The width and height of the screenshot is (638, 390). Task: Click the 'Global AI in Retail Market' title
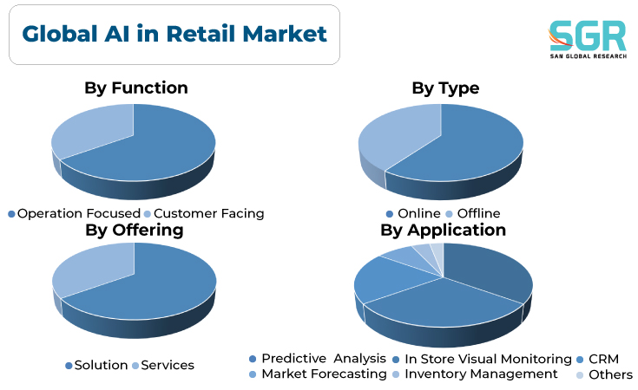(174, 34)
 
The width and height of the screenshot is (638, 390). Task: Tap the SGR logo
(587, 39)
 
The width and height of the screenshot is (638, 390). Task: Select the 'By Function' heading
(136, 88)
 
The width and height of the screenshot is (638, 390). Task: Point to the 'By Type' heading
(445, 88)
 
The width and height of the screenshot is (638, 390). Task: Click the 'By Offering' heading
(135, 231)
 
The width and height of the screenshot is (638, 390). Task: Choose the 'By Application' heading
(443, 231)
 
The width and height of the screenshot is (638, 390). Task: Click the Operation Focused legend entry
(75, 213)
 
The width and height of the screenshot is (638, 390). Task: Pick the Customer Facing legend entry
(204, 213)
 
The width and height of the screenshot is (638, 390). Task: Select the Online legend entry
(413, 213)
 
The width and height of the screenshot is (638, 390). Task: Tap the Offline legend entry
(473, 213)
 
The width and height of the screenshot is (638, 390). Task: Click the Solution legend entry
(97, 365)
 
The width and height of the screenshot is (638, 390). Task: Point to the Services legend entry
(163, 365)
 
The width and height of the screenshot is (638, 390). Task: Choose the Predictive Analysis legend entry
(318, 359)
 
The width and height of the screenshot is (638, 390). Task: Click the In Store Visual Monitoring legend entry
(482, 359)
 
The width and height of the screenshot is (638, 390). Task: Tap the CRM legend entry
(598, 359)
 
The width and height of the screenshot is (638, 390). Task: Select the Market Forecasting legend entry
(318, 374)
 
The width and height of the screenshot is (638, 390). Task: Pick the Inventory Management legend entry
(476, 374)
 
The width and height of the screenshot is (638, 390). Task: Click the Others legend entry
(605, 374)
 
